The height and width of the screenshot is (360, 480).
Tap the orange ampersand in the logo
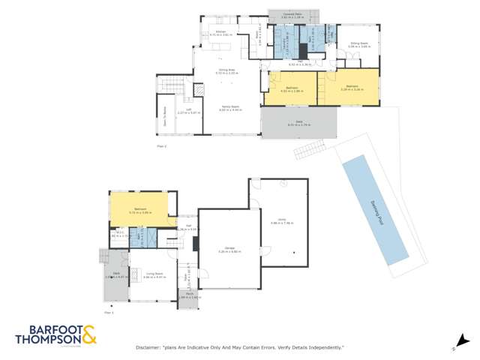click(x=88, y=334)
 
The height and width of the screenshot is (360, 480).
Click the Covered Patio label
click(x=280, y=13)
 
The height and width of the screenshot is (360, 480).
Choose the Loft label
click(x=180, y=111)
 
